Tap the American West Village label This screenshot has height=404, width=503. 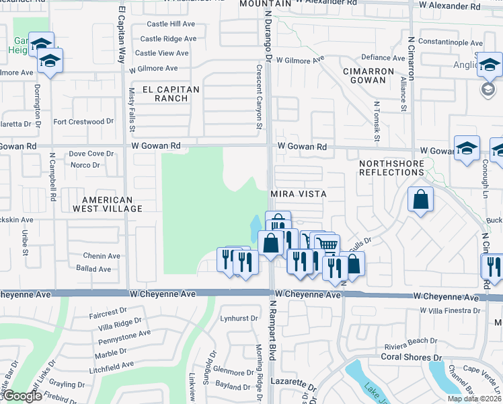pyautogui.click(x=112, y=204)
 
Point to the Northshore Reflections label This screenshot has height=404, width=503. pyautogui.click(x=392, y=168)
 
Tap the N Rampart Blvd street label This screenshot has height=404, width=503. pyautogui.click(x=274, y=330)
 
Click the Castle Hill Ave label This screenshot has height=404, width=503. pyautogui.click(x=171, y=24)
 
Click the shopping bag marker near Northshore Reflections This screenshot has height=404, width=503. pyautogui.click(x=420, y=199)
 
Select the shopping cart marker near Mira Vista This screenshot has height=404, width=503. pyautogui.click(x=327, y=245)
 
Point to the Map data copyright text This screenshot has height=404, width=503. pyautogui.click(x=474, y=399)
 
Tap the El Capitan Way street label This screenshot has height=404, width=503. pyautogui.click(x=122, y=35)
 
